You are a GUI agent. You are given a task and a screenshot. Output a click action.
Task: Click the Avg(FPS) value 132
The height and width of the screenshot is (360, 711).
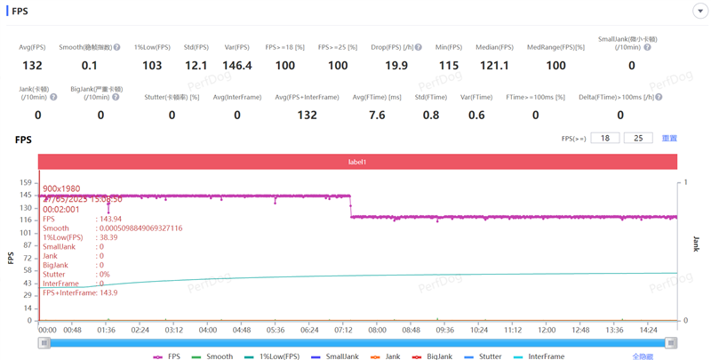pyautogui.click(x=32, y=66)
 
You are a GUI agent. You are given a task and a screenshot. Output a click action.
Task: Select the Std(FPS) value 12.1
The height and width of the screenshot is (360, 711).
pyautogui.click(x=196, y=66)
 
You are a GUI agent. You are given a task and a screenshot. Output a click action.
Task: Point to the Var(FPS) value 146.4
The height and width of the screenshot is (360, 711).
pyautogui.click(x=237, y=66)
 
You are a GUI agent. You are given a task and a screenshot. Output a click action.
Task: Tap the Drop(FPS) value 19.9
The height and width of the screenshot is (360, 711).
pyautogui.click(x=396, y=66)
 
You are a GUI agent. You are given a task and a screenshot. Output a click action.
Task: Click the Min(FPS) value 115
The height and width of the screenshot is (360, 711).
pyautogui.click(x=449, y=66)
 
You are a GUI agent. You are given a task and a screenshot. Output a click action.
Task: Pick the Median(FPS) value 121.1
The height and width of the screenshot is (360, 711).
pyautogui.click(x=494, y=66)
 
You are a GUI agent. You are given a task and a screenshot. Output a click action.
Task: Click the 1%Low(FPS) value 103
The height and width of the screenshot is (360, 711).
pyautogui.click(x=152, y=66)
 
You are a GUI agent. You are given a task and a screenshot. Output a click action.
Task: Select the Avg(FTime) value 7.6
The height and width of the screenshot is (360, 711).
pyautogui.click(x=377, y=115)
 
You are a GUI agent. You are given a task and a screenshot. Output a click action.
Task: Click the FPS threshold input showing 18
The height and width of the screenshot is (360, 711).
pyautogui.click(x=605, y=139)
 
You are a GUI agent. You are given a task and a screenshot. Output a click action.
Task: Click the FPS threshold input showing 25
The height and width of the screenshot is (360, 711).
pyautogui.click(x=638, y=139)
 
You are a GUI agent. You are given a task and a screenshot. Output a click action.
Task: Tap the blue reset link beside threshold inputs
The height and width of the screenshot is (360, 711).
pyautogui.click(x=669, y=139)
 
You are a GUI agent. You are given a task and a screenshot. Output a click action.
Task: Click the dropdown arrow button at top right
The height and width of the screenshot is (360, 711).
pyautogui.click(x=699, y=11)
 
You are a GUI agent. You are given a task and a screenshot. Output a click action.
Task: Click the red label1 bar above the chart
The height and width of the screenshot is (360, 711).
pyautogui.click(x=357, y=162)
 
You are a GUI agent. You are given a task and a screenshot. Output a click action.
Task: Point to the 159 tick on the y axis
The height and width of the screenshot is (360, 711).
pyautogui.click(x=27, y=182)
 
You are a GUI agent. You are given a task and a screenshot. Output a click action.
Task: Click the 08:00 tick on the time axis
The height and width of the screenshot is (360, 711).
pyautogui.click(x=377, y=329)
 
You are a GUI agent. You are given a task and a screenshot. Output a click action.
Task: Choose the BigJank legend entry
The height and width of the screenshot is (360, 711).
pyautogui.click(x=435, y=356)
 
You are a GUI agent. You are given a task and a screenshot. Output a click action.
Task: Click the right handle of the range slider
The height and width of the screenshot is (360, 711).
pyautogui.click(x=671, y=342)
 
